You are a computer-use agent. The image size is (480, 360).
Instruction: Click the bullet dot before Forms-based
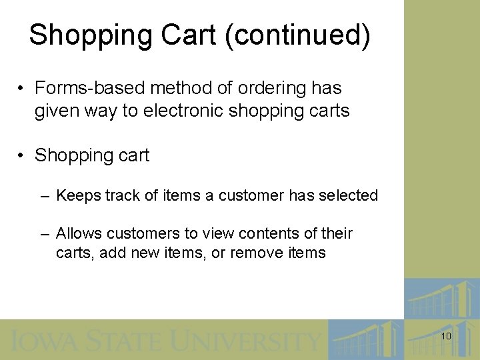22,88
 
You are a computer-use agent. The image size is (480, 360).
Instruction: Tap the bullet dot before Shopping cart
22,155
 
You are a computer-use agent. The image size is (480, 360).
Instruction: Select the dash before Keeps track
44,196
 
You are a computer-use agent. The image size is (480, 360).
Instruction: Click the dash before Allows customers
44,234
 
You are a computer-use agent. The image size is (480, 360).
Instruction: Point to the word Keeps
75,195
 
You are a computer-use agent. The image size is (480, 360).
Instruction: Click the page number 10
446,337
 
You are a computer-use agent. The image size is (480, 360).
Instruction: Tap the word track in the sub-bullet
113,195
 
